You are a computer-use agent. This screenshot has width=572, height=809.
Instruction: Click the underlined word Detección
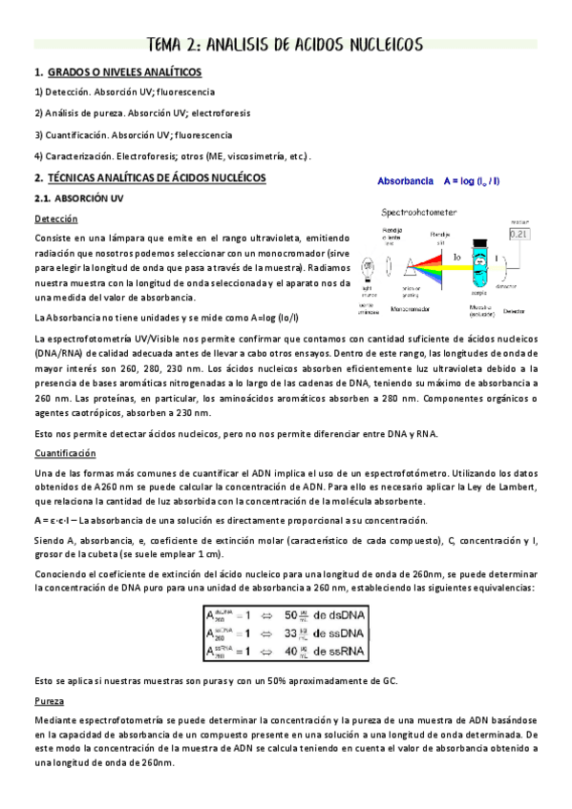55,218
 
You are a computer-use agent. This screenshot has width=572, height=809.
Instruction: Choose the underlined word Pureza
49,701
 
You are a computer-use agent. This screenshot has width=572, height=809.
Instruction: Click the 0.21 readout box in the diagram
519,233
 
